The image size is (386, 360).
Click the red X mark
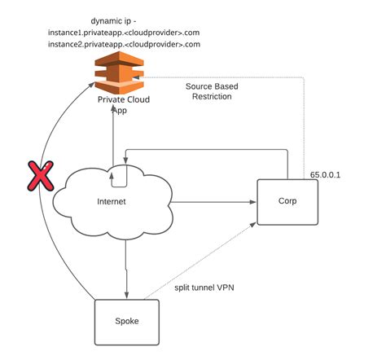(x=37, y=177)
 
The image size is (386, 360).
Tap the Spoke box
(x=127, y=322)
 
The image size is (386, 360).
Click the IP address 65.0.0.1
(x=327, y=173)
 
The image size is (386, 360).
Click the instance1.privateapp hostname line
(x=124, y=31)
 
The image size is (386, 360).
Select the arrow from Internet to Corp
(x=212, y=201)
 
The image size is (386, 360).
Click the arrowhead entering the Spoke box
(x=126, y=296)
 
